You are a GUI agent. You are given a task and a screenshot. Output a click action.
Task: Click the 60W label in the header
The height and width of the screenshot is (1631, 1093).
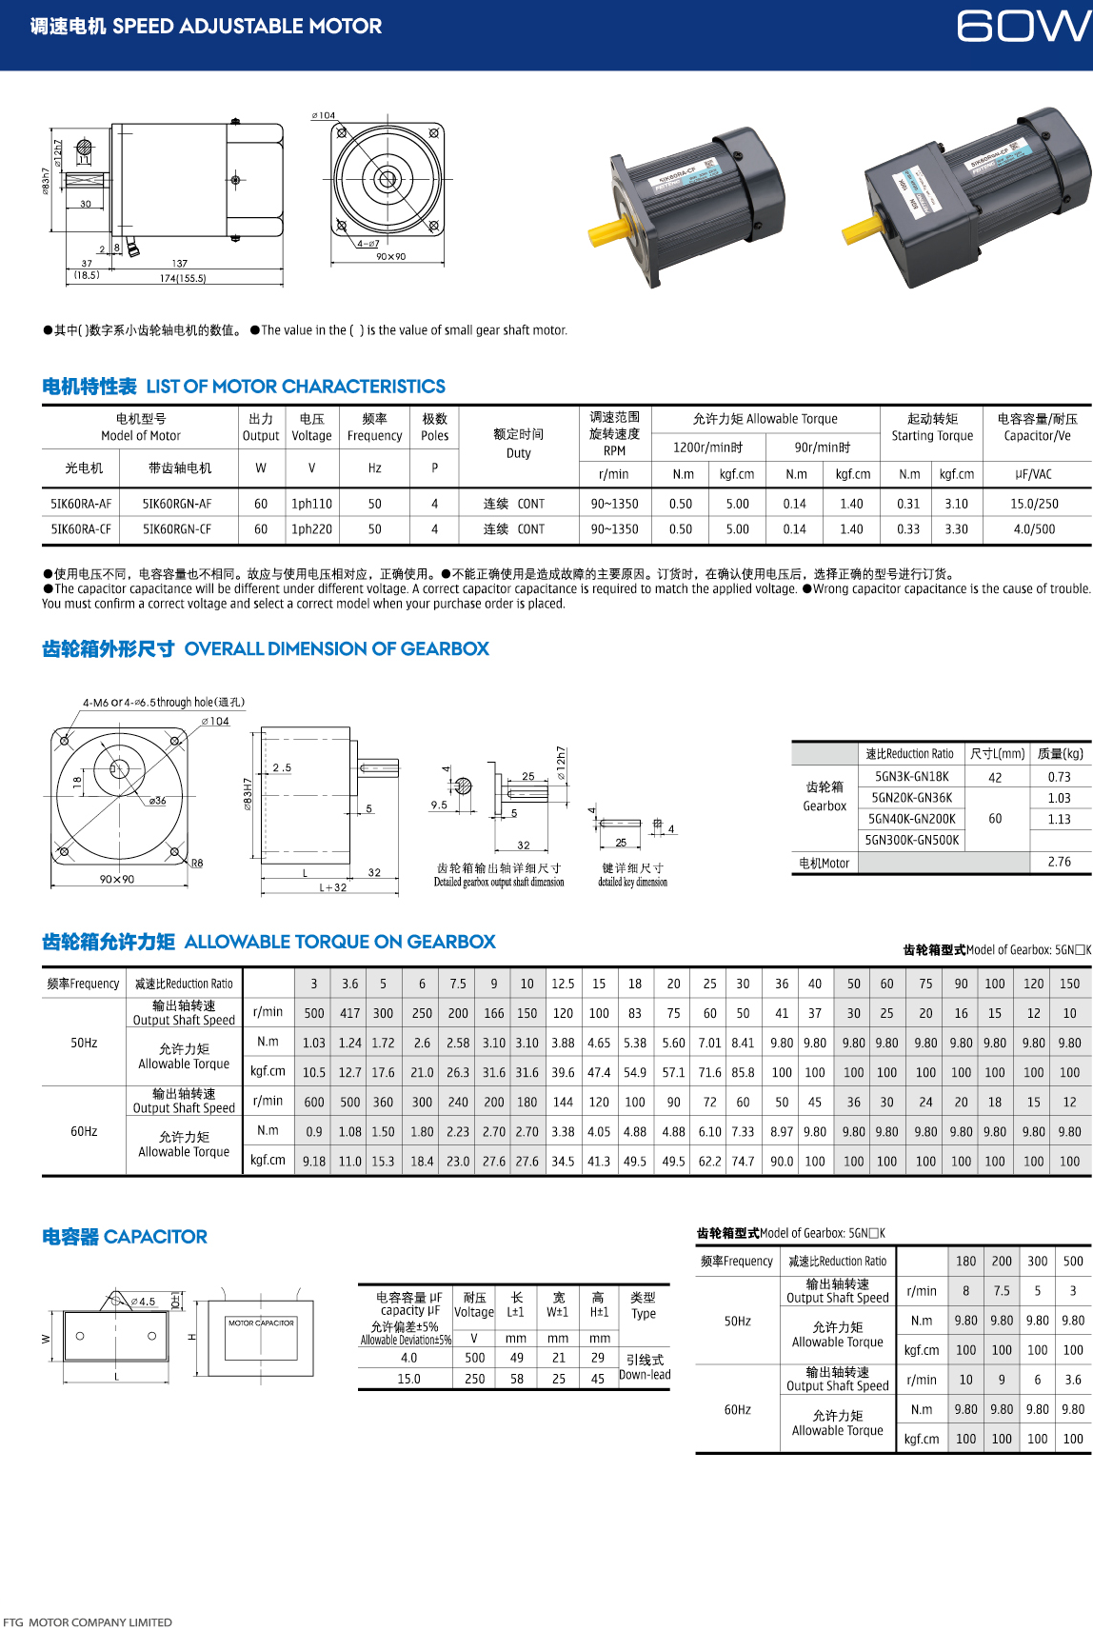click(x=1023, y=27)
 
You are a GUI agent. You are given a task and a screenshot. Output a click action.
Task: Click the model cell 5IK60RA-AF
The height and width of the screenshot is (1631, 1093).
click(x=81, y=504)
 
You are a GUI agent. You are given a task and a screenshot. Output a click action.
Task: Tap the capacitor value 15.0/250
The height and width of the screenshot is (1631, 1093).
click(x=1034, y=504)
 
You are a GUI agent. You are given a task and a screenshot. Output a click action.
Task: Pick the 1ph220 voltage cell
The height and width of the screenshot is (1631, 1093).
click(x=311, y=529)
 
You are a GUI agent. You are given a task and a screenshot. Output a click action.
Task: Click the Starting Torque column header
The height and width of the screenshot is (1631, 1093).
click(x=932, y=428)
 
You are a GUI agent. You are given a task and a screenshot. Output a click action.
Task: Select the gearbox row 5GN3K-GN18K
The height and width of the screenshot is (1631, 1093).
click(x=911, y=777)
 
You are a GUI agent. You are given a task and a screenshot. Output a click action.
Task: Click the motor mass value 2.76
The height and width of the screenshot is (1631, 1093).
click(x=1059, y=862)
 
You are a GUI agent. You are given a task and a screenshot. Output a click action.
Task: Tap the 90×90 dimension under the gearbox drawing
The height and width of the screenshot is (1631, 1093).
click(x=117, y=879)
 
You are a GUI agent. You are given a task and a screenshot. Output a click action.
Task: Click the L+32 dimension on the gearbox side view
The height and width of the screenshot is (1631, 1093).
click(x=332, y=887)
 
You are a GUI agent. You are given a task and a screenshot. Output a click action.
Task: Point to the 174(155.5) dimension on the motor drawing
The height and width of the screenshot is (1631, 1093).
click(x=183, y=278)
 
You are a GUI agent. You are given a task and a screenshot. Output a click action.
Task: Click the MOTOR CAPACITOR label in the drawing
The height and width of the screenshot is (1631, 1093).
click(x=261, y=1323)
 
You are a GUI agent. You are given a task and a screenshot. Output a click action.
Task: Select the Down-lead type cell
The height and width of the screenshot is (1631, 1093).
click(x=645, y=1374)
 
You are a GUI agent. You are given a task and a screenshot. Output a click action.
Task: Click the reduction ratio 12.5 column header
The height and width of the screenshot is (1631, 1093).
click(x=563, y=984)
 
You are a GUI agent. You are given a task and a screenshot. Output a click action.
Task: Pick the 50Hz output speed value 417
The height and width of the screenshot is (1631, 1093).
click(x=350, y=1013)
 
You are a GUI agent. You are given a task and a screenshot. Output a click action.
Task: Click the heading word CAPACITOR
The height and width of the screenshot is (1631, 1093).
click(x=155, y=1237)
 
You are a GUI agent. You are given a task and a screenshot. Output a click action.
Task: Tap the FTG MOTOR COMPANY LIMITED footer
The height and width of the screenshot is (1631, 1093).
click(x=88, y=1622)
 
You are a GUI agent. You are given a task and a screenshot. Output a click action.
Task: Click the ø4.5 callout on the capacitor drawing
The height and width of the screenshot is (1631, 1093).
click(x=143, y=1301)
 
